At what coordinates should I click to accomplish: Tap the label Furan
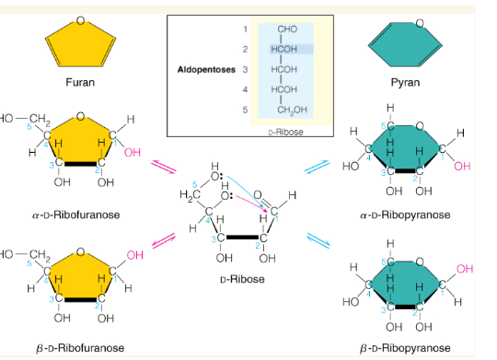80,83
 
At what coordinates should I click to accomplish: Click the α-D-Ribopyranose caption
405,215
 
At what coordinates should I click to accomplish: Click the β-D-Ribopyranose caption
405,348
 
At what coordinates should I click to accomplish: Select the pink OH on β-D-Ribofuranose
135,253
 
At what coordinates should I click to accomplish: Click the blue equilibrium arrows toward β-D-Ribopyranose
318,240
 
